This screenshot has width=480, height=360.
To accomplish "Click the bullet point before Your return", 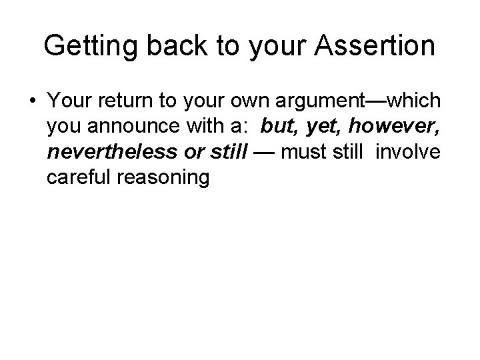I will [32, 101].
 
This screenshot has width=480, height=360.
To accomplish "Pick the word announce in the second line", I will [129, 126].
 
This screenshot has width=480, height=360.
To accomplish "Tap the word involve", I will [407, 151].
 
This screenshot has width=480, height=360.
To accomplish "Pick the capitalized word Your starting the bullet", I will [67, 101].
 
